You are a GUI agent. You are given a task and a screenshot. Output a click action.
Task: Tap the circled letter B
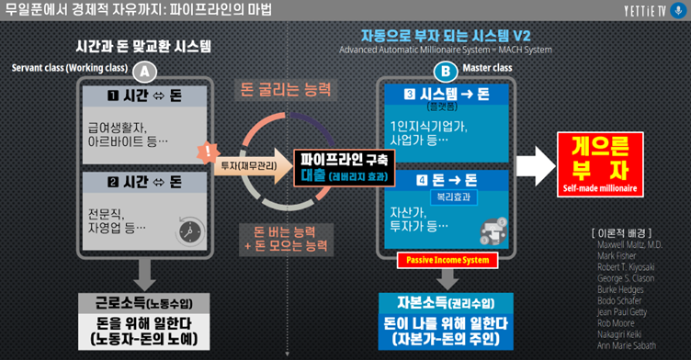click(x=447, y=71)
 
